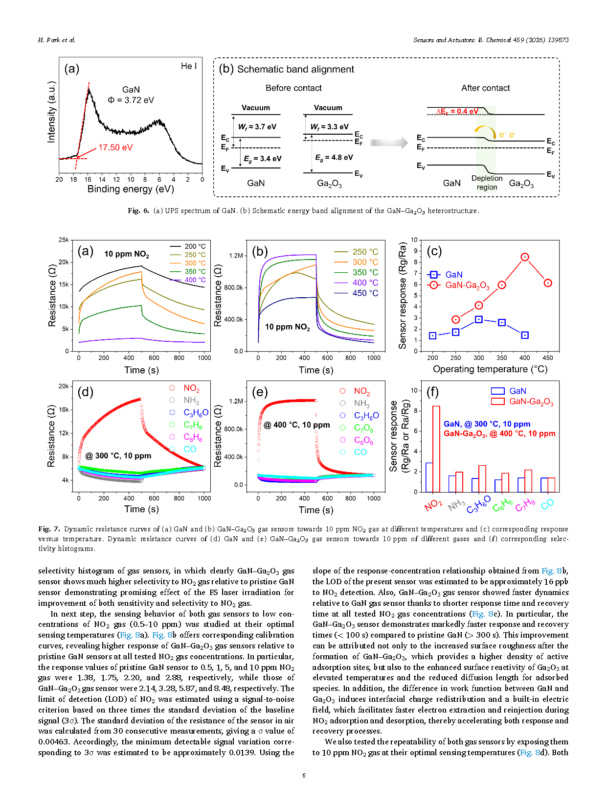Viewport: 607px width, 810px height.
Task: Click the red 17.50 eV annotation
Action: [115, 147]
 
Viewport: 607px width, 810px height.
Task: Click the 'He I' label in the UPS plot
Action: [189, 66]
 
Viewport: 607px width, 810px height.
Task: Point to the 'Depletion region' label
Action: [487, 183]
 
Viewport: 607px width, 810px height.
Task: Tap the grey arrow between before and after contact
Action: [389, 143]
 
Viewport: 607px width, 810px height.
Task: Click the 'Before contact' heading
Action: [293, 88]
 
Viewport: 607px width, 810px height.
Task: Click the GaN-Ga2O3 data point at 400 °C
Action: [525, 257]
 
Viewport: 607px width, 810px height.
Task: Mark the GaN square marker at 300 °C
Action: [479, 319]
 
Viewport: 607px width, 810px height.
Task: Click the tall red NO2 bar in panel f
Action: [436, 449]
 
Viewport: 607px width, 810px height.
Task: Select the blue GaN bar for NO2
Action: [429, 477]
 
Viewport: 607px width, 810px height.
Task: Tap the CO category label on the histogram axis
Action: [547, 504]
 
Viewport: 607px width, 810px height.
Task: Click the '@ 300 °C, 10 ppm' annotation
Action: [118, 456]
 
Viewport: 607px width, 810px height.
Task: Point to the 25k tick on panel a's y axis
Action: [64, 240]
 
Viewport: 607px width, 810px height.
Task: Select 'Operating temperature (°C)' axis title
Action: [490, 369]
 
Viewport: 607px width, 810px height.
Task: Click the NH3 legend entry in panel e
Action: [361, 404]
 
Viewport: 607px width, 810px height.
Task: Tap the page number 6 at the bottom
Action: [304, 775]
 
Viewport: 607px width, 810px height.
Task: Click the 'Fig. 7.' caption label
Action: [49, 529]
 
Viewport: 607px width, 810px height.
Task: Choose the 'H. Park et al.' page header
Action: [57, 40]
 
